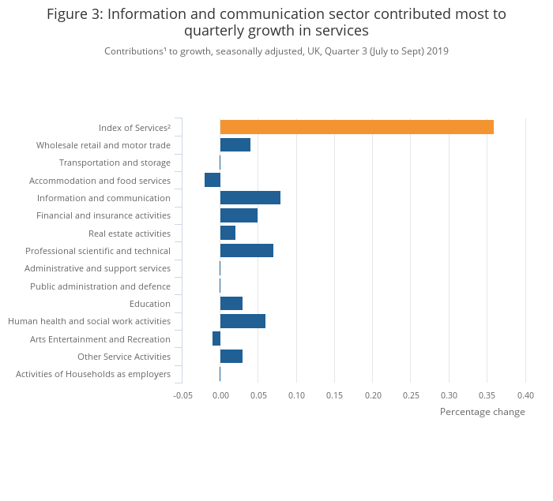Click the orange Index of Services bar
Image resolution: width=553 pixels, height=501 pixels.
pos(356,127)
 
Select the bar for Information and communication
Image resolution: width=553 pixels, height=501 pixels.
pos(250,198)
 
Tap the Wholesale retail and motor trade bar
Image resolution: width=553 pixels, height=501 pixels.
pos(235,145)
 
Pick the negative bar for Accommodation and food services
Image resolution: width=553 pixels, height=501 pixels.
pos(213,180)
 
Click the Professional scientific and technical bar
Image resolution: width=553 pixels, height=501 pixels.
pos(246,251)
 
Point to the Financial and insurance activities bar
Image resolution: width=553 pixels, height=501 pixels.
pos(239,215)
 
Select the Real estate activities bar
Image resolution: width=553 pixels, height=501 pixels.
pos(228,233)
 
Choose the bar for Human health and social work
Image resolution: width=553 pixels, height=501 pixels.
pos(243,321)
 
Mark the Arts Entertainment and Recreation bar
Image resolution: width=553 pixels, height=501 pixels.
pos(216,338)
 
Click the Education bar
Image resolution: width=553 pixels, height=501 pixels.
pos(231,304)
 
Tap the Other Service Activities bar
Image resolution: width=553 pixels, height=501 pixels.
pos(231,357)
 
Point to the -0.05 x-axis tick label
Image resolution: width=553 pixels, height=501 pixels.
pos(182,395)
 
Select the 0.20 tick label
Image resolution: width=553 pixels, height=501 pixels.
pos(373,395)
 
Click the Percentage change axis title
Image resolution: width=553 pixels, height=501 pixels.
pos(482,412)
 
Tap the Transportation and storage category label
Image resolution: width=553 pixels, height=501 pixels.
pos(115,163)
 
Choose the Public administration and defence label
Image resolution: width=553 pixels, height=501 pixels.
pos(100,286)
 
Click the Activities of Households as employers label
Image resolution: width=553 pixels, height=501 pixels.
pos(93,374)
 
